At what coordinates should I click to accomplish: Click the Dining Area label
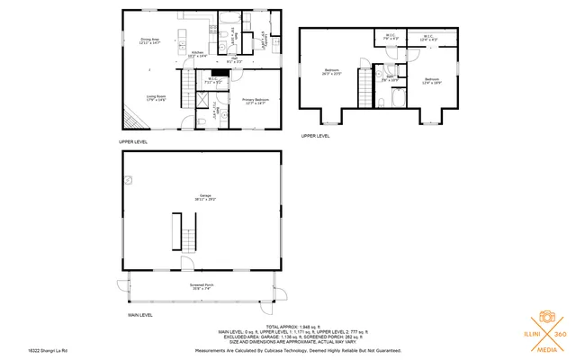pyautogui.click(x=149, y=40)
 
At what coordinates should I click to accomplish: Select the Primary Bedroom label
pyautogui.click(x=256, y=101)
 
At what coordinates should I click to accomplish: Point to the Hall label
pyautogui.click(x=232, y=60)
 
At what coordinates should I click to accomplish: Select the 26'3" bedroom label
pyautogui.click(x=333, y=72)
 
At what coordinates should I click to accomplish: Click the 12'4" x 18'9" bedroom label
pyautogui.click(x=433, y=80)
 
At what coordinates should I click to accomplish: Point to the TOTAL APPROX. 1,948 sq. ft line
pyautogui.click(x=297, y=325)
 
